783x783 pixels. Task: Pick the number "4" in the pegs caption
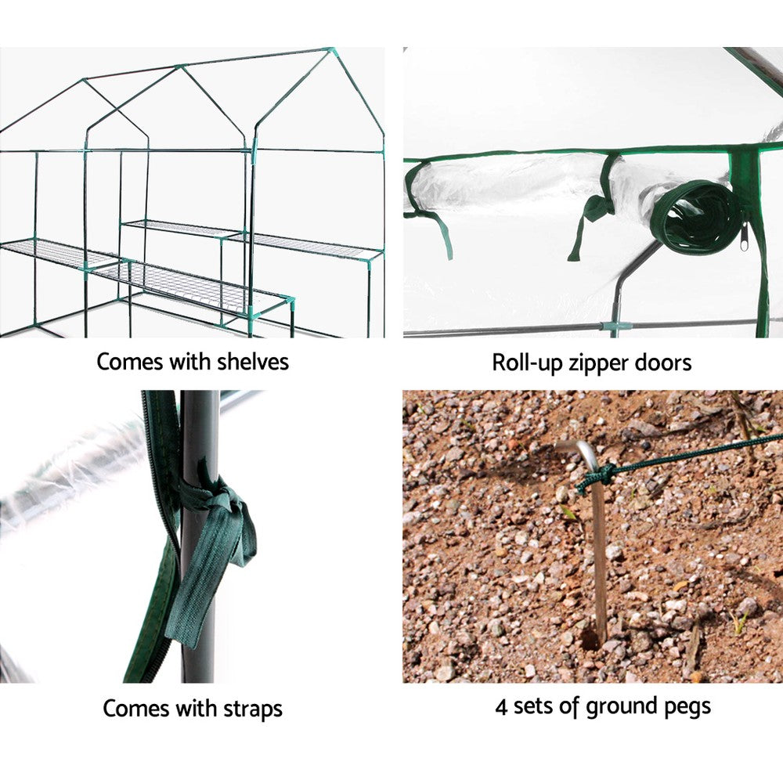(501, 706)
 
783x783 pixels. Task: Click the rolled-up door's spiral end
(697, 217)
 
